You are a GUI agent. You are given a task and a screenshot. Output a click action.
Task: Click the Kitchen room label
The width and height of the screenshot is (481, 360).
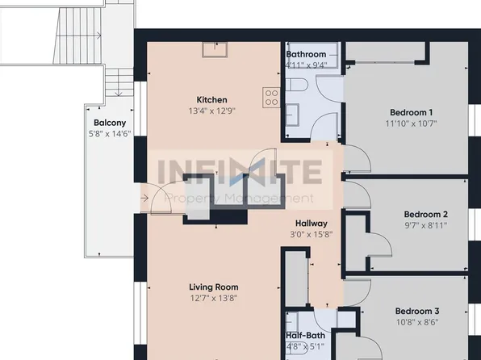click(200, 99)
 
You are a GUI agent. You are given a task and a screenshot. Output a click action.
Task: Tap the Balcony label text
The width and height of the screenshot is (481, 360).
click(110, 123)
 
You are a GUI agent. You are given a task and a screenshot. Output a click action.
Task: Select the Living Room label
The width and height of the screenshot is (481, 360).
click(213, 287)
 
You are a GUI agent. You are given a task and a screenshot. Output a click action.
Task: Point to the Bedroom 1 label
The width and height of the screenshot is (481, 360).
click(412, 112)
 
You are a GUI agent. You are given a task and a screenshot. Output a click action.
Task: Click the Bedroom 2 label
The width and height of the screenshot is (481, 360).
click(425, 214)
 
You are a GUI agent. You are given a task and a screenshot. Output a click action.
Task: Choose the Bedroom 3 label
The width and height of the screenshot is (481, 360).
click(417, 311)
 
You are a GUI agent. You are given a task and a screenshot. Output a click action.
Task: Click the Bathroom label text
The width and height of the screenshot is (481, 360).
click(306, 55)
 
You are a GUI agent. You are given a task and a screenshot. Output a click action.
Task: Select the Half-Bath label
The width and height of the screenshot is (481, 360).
click(305, 336)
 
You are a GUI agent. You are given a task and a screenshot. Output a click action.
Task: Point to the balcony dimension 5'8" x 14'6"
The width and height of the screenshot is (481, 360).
click(110, 136)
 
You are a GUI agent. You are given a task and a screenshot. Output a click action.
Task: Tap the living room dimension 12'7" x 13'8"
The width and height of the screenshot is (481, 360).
click(213, 299)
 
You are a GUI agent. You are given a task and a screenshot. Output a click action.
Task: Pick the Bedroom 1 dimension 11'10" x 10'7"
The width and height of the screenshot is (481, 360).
click(412, 124)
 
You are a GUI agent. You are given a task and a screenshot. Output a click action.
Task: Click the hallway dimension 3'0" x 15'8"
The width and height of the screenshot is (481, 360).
click(311, 236)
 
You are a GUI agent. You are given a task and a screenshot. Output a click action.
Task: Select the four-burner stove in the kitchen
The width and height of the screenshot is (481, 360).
click(271, 98)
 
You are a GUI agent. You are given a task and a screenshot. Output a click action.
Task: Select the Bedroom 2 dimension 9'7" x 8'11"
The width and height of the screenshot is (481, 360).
click(425, 226)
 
